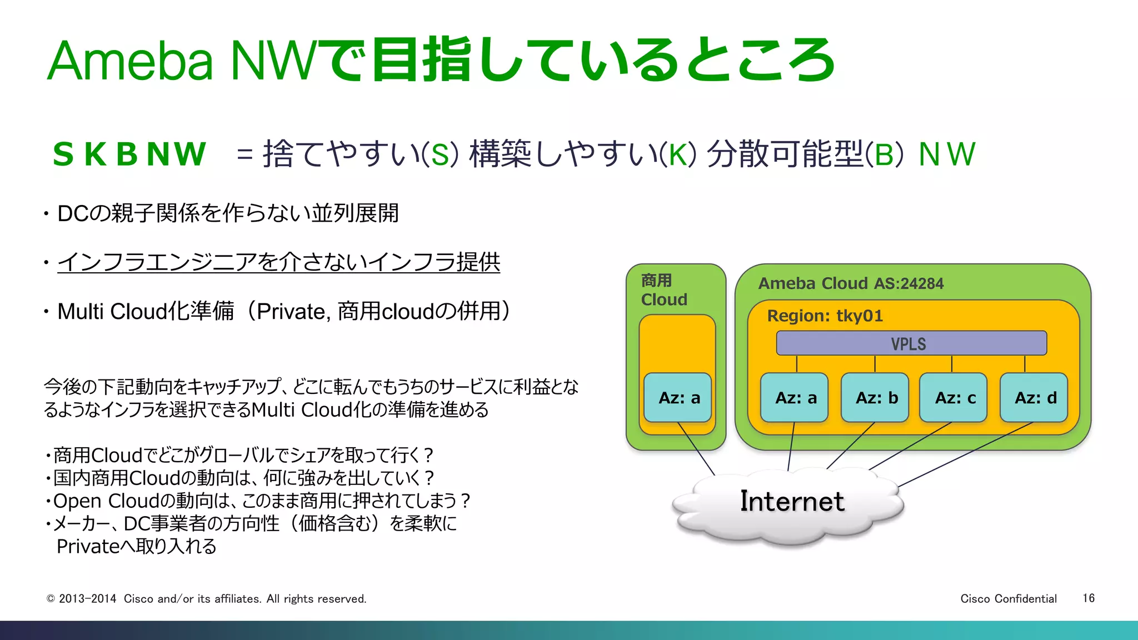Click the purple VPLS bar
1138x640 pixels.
click(x=911, y=343)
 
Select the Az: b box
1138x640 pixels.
click(x=875, y=398)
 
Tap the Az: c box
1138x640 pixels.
click(x=954, y=398)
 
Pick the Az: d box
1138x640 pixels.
click(x=1034, y=398)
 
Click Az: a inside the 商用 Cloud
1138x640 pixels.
click(x=678, y=398)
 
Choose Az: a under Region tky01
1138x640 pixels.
click(x=795, y=398)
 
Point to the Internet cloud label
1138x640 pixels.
click(x=792, y=501)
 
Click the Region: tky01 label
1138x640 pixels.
click(x=825, y=316)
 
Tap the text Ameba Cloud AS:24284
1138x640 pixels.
click(x=851, y=283)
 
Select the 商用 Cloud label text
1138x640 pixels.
click(x=663, y=290)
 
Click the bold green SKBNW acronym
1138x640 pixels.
click(x=129, y=154)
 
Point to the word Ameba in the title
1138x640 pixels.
click(x=130, y=61)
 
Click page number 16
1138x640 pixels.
click(x=1088, y=598)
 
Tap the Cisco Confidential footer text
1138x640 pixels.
click(x=1008, y=598)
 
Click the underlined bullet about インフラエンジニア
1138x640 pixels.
click(x=278, y=262)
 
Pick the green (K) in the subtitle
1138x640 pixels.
click(x=678, y=154)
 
